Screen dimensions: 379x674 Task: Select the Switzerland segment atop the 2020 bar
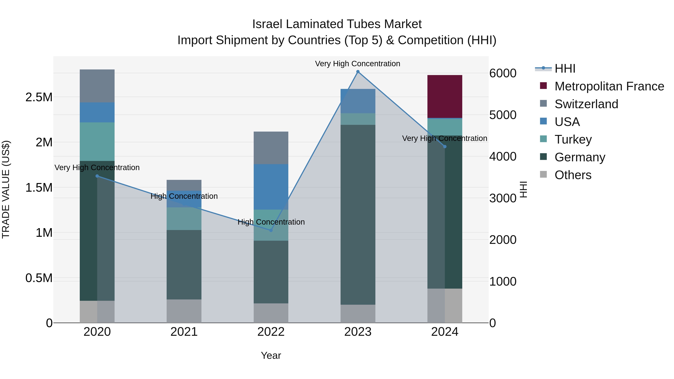pos(97,86)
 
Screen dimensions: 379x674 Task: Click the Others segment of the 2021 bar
pos(184,311)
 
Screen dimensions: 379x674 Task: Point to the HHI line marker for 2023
pos(358,72)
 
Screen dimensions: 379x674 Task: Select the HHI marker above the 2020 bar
pos(97,176)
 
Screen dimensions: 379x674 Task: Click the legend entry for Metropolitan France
pos(609,86)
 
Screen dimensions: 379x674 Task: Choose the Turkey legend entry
pos(573,139)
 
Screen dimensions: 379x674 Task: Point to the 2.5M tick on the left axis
pos(39,97)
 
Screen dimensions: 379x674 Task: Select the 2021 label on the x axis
pos(184,332)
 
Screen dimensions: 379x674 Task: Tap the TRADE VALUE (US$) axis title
pos(6,189)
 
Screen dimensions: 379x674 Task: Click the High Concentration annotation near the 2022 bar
pos(271,222)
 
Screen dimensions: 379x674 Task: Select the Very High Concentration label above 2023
pos(357,64)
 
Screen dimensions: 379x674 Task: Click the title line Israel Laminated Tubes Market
pos(337,24)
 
